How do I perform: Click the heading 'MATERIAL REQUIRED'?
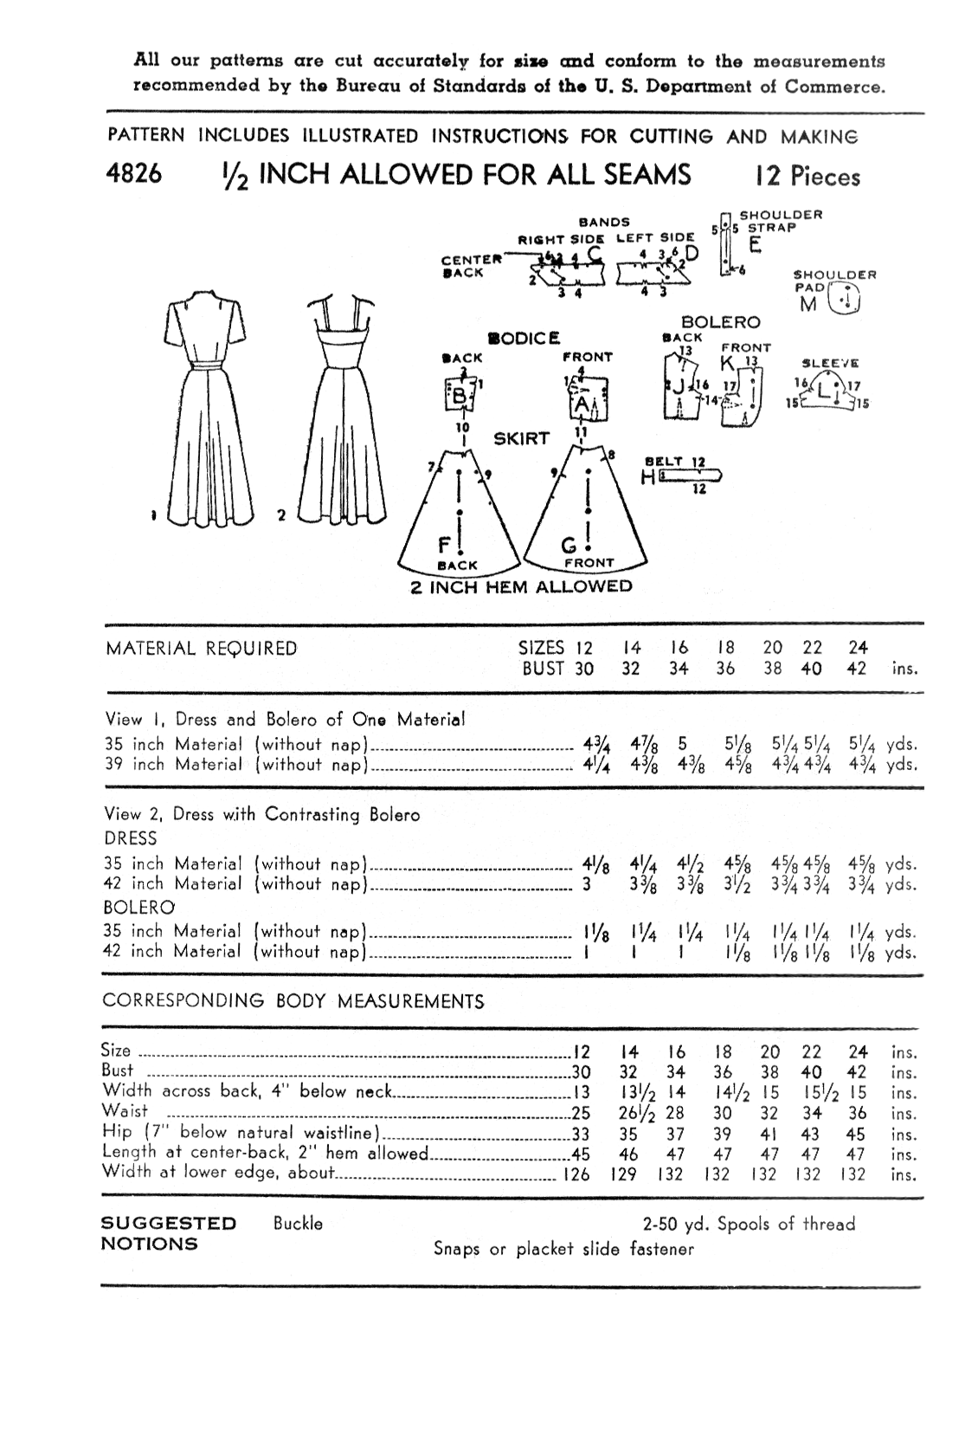pyautogui.click(x=201, y=649)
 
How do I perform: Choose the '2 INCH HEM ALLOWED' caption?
pyautogui.click(x=521, y=586)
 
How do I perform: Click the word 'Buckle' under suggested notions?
pyautogui.click(x=298, y=1224)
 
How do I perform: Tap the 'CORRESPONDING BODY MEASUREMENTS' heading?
pyautogui.click(x=293, y=1001)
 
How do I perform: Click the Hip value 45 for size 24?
pyautogui.click(x=857, y=1135)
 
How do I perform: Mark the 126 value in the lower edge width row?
pyautogui.click(x=576, y=1174)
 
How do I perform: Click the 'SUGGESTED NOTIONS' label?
pyautogui.click(x=169, y=1233)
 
